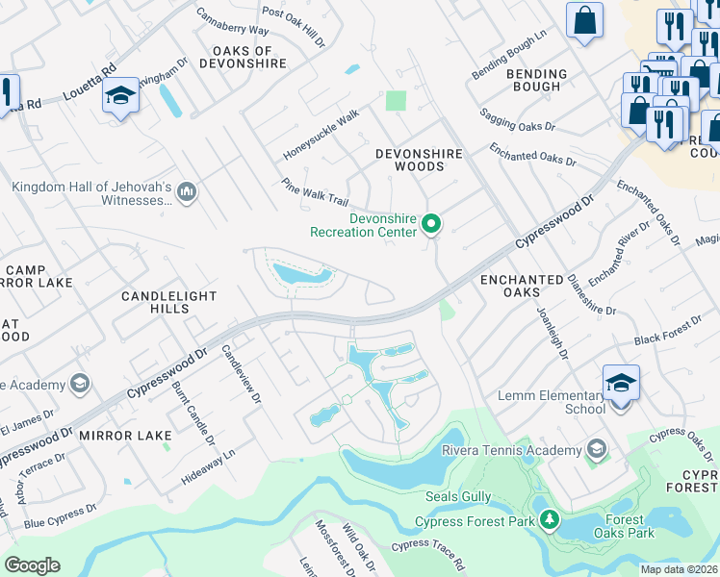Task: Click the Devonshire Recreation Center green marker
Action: pyautogui.click(x=432, y=225)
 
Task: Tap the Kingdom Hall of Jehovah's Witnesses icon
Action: pyautogui.click(x=187, y=193)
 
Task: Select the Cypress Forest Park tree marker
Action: pyautogui.click(x=550, y=520)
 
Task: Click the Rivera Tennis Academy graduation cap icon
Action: pyautogui.click(x=597, y=449)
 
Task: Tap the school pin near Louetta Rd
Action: pyautogui.click(x=120, y=97)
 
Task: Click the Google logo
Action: pyautogui.click(x=32, y=565)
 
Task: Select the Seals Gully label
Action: pyautogui.click(x=458, y=497)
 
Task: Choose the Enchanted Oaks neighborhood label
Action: pyautogui.click(x=521, y=287)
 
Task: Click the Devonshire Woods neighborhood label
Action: pyautogui.click(x=419, y=160)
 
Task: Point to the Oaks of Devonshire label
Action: pyautogui.click(x=243, y=57)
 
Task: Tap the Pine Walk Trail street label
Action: pyautogui.click(x=314, y=192)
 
